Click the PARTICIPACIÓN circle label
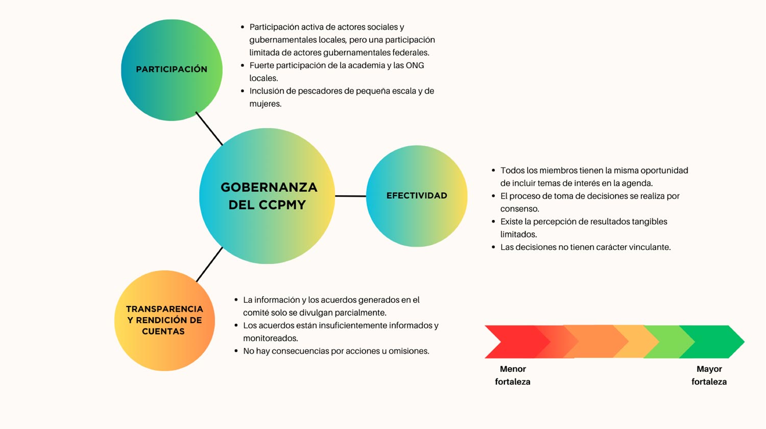[172, 69]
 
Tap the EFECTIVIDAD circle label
[417, 196]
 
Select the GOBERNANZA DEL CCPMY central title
[269, 196]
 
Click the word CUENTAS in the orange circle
[163, 331]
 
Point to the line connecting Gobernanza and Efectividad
[350, 196]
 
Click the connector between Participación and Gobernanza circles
[209, 128]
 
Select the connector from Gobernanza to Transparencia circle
[209, 265]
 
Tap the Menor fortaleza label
[513, 375]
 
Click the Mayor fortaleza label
[709, 375]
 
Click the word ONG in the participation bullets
[415, 65]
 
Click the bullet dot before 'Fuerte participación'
[243, 65]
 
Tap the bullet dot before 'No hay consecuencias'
[236, 351]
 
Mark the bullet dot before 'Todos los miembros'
[493, 171]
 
